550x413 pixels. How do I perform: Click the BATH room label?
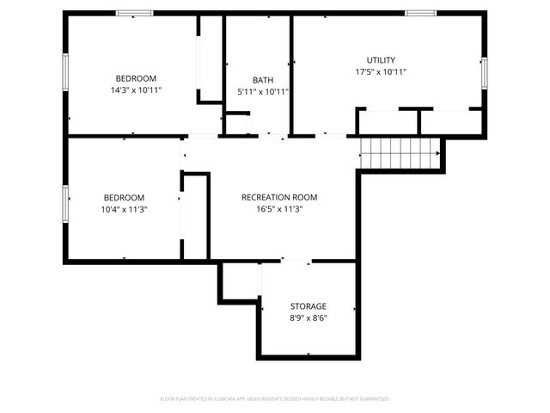pyautogui.click(x=263, y=80)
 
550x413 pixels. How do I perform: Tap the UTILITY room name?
pyautogui.click(x=381, y=60)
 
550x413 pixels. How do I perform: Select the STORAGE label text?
pyautogui.click(x=308, y=306)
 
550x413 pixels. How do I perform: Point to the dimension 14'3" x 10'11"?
pyautogui.click(x=137, y=89)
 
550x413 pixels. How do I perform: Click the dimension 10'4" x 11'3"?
pyautogui.click(x=125, y=209)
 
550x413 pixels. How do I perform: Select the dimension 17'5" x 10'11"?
pyautogui.click(x=381, y=72)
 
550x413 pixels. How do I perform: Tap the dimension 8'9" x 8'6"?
pyautogui.click(x=308, y=317)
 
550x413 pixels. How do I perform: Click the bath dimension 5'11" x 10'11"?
pyautogui.click(x=263, y=91)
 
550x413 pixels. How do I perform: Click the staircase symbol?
pyautogui.click(x=400, y=153)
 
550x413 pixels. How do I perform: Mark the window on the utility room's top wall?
pyautogui.click(x=420, y=13)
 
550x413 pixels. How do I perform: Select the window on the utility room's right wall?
pyautogui.click(x=484, y=72)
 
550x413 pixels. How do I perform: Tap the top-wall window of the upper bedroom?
pyautogui.click(x=135, y=13)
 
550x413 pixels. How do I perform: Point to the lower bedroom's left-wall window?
pyautogui.click(x=65, y=203)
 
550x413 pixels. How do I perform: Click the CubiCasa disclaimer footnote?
pyautogui.click(x=275, y=399)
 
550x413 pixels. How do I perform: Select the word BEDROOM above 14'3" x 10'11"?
pyautogui.click(x=137, y=77)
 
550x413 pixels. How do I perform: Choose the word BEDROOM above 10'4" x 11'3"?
pyautogui.click(x=125, y=197)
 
